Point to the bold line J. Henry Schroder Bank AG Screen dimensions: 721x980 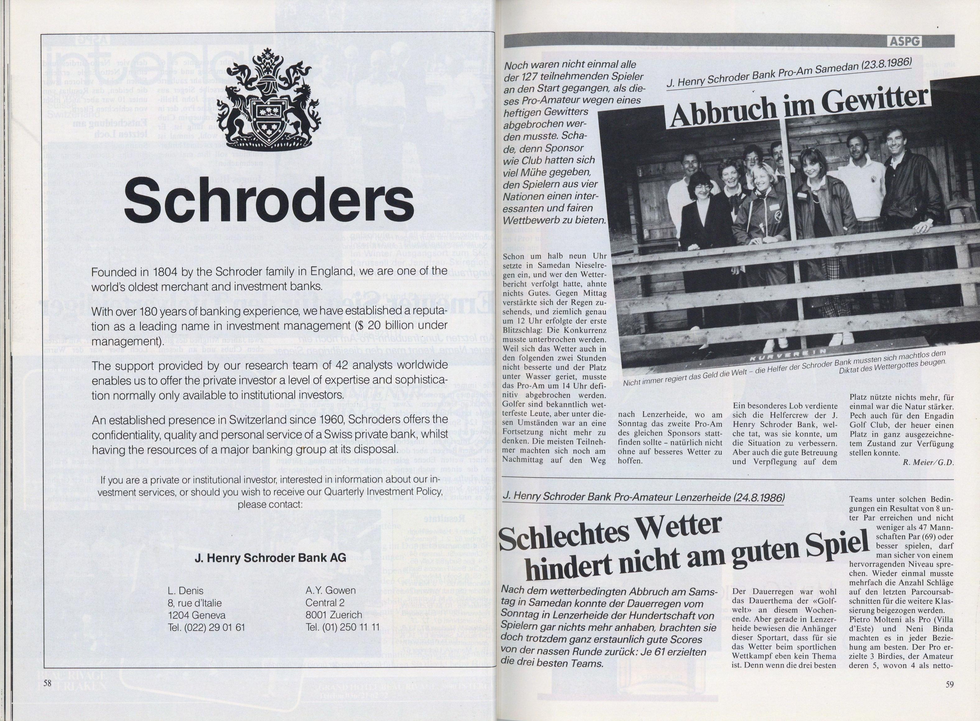point(270,558)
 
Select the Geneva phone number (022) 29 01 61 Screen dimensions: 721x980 point(206,628)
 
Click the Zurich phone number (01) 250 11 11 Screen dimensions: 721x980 point(343,628)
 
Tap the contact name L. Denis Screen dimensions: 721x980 point(185,591)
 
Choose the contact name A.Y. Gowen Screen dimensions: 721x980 point(330,590)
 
